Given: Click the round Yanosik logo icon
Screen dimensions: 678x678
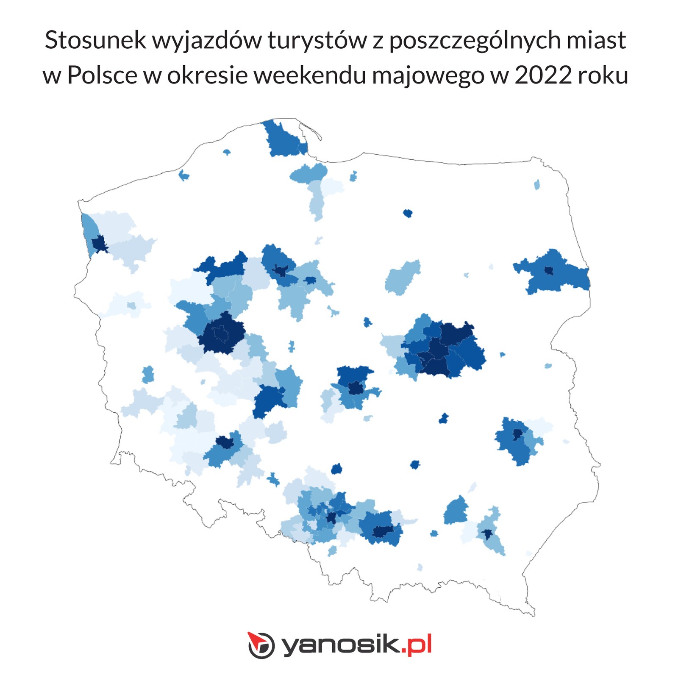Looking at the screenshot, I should point(261,645).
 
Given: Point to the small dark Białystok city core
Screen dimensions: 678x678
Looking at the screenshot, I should point(549,270).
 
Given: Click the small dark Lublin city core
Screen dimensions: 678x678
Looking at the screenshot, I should point(517,434).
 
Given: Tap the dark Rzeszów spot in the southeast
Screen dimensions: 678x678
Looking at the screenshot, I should point(487,534).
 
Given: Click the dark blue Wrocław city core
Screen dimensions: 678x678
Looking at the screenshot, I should point(225,443).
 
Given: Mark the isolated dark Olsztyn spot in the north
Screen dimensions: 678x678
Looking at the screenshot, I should point(408,213).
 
